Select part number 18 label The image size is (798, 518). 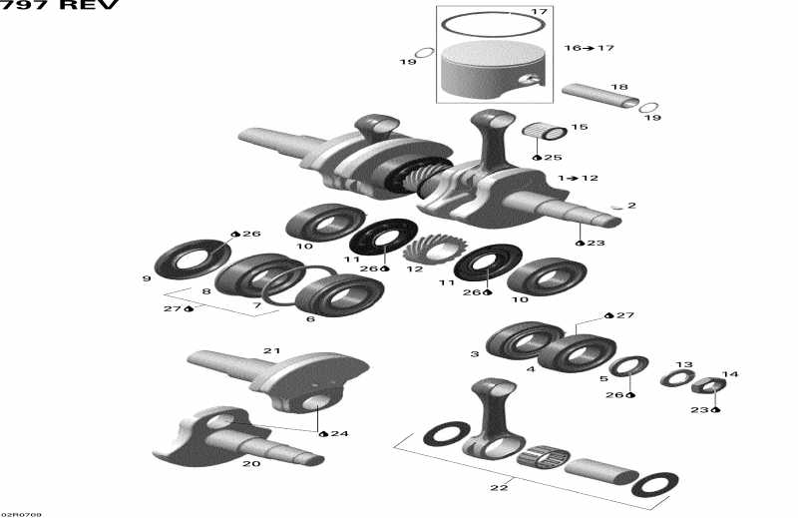(x=619, y=88)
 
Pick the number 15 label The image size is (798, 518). (x=580, y=127)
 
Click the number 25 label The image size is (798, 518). (x=554, y=158)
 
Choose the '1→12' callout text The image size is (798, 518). (x=579, y=178)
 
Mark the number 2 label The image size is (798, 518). (x=631, y=206)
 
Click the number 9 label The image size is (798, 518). (x=147, y=278)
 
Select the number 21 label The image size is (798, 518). (x=272, y=350)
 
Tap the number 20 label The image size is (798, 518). (x=251, y=463)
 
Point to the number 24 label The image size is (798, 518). (x=340, y=433)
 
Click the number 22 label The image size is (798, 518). (x=499, y=487)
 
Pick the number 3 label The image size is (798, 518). (x=475, y=354)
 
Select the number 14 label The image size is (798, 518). (x=730, y=375)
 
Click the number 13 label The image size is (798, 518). (x=684, y=365)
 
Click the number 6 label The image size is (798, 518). (x=310, y=319)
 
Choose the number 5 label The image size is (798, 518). (x=603, y=378)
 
